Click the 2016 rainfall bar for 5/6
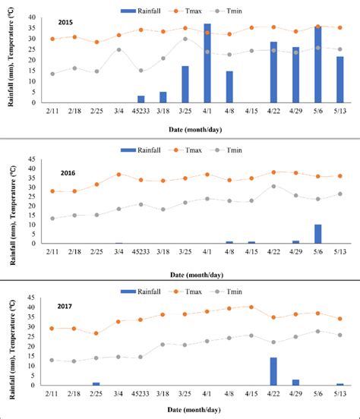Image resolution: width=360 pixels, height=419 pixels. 317,234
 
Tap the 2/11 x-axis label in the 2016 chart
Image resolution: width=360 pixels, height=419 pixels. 52,250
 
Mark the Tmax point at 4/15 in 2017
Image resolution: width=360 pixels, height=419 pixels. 251,307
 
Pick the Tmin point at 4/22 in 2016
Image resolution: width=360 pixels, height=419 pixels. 273,186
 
